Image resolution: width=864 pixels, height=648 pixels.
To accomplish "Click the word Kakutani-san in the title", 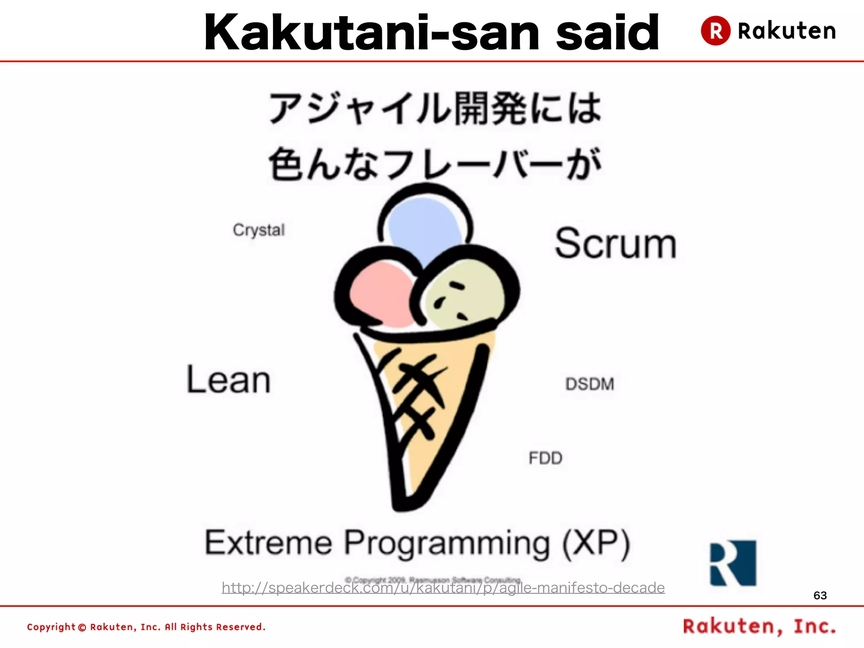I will [371, 33].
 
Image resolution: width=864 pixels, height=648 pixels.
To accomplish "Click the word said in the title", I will [607, 33].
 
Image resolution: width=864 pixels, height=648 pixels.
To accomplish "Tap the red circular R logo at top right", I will [715, 30].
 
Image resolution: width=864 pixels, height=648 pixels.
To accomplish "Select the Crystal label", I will [259, 230].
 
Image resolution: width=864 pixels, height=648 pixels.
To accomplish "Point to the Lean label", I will [228, 379].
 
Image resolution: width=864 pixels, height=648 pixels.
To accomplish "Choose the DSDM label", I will [590, 384].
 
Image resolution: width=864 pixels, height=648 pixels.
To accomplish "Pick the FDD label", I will [545, 458].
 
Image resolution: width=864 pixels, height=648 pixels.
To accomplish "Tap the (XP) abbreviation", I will [597, 543].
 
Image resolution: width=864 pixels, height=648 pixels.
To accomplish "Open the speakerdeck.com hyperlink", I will [443, 588].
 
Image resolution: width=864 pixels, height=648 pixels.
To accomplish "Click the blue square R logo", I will [733, 563].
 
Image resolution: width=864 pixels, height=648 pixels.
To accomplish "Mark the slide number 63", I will [820, 595].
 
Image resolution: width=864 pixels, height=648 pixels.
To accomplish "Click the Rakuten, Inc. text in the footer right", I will [759, 626].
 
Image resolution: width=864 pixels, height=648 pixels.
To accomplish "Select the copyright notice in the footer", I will [146, 627].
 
